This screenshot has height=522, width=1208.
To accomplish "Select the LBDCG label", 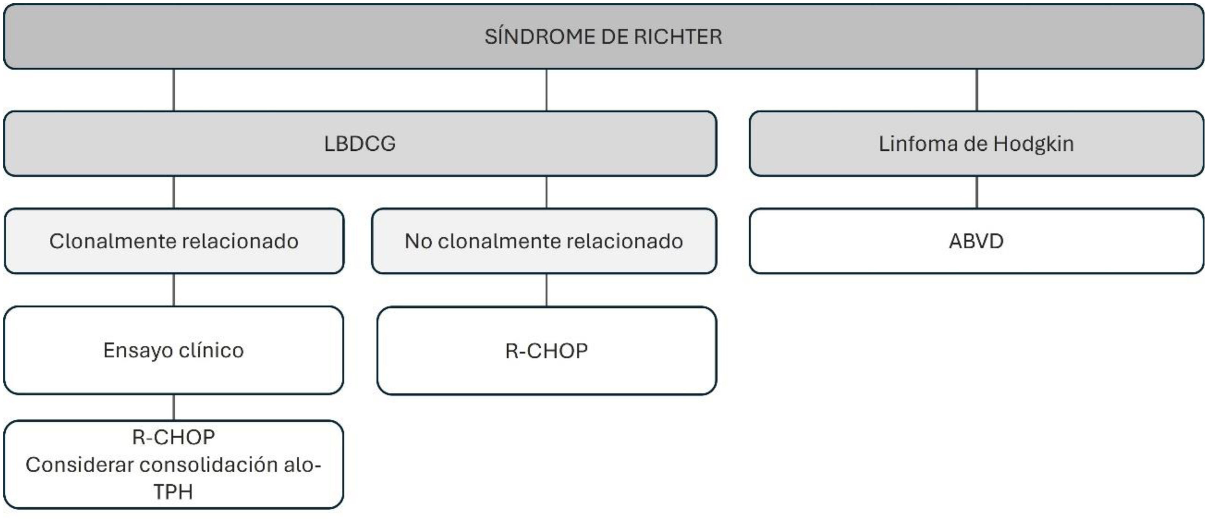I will (x=360, y=144).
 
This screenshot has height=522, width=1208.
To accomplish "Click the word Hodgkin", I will (x=1033, y=144).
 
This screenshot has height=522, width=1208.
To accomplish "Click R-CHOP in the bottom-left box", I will (x=173, y=437).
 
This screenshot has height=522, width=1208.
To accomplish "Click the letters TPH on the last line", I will (x=173, y=492).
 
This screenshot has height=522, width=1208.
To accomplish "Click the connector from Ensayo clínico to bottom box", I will (x=174, y=407).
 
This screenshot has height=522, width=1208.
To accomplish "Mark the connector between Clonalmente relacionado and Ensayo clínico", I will (x=174, y=290).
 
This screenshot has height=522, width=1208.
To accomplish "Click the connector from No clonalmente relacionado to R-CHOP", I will (x=546, y=290).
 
